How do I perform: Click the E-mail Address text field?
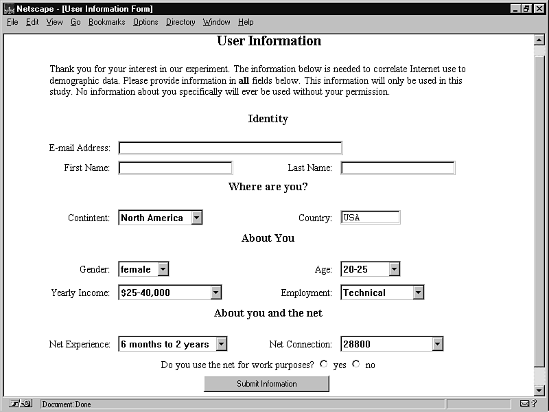point(230,148)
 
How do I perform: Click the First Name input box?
point(176,168)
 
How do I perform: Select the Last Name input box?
point(397,168)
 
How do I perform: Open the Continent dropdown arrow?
point(197,218)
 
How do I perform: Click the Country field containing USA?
point(370,218)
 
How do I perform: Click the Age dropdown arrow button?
point(394,269)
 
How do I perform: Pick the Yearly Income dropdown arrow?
point(215,293)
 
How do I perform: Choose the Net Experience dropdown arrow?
point(221,344)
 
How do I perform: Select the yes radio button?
point(324,364)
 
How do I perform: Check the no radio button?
point(355,364)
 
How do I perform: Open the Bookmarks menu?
point(106,22)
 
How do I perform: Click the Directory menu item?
point(180,22)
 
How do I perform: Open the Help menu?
point(246,22)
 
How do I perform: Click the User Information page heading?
point(269,41)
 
